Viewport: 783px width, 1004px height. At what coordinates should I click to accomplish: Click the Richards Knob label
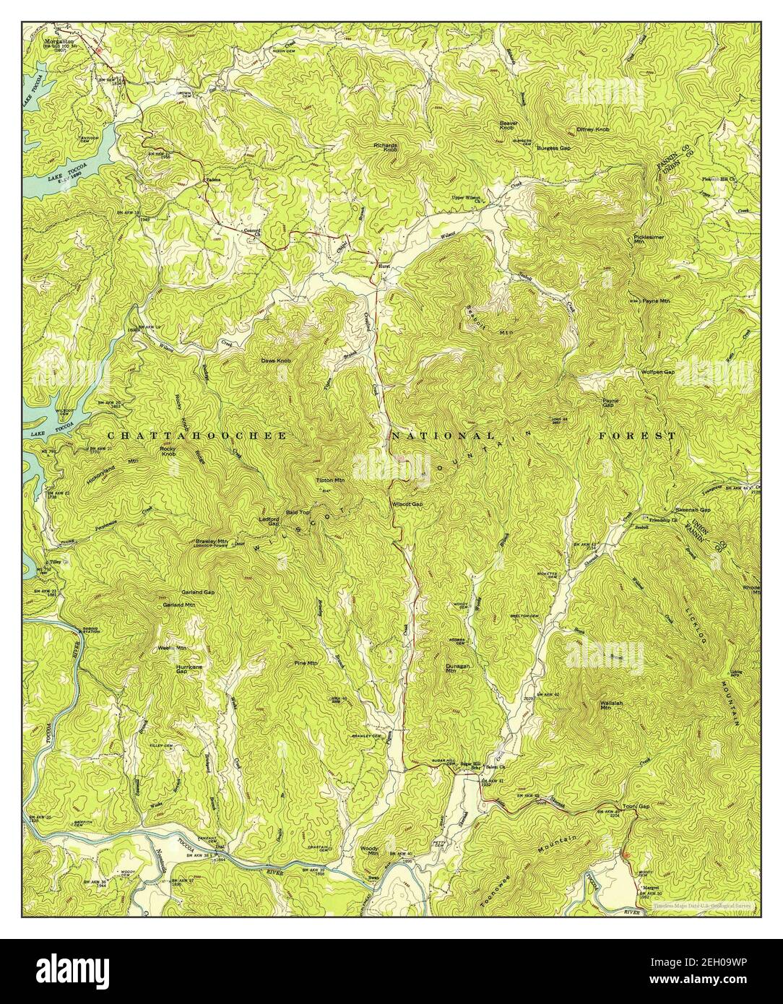[386, 147]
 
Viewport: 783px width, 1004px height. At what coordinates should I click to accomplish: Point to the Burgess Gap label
[554, 147]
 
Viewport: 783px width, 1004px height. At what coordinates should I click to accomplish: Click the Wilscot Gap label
[407, 504]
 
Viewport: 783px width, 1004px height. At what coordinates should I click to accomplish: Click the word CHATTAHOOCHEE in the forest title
[197, 436]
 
